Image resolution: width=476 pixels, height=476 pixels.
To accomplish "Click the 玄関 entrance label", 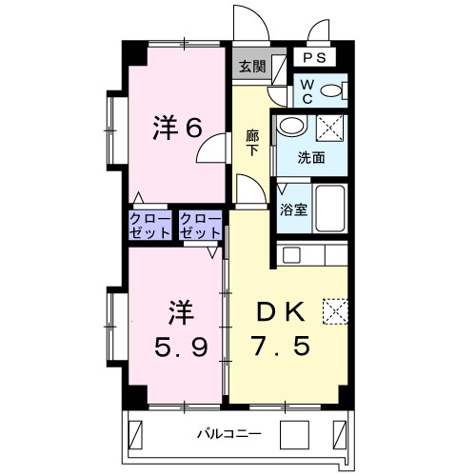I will (x=251, y=67).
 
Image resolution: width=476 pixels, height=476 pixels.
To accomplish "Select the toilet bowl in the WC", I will (x=331, y=91).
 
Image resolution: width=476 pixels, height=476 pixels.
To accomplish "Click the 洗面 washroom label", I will (x=310, y=157).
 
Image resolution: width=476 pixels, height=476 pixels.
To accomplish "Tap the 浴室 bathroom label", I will (x=293, y=210).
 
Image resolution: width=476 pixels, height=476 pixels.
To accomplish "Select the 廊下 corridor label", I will (x=252, y=143).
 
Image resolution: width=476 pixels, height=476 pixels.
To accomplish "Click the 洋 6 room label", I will (x=178, y=128).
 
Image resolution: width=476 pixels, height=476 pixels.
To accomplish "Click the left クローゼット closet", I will (x=150, y=226).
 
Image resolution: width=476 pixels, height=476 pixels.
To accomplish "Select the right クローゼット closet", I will (x=200, y=226).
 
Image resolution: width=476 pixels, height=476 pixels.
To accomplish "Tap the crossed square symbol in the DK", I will (x=335, y=310).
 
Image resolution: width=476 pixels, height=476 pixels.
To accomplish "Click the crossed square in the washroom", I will (x=330, y=126).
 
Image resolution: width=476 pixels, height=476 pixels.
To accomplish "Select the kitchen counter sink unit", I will (x=314, y=255).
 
